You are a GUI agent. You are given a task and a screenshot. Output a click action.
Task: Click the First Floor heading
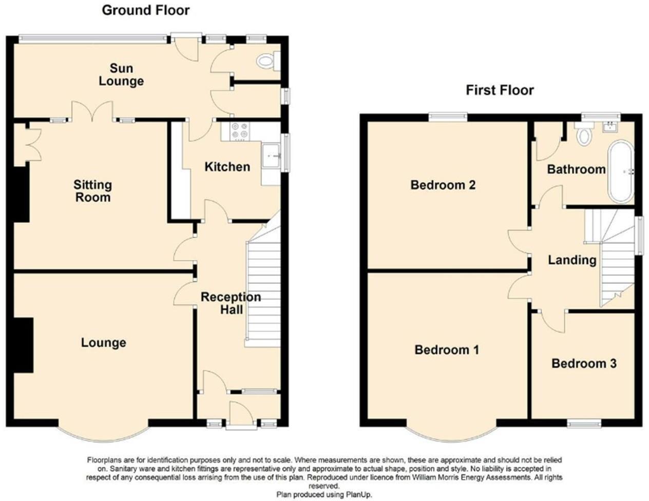[500, 90]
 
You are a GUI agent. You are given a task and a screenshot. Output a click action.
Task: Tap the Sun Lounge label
[121, 74]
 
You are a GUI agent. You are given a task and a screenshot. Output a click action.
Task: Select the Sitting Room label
[92, 191]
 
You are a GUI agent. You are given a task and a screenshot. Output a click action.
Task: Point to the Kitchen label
[227, 167]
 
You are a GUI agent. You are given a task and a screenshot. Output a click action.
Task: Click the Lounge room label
[103, 342]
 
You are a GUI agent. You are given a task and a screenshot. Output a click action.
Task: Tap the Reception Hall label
[231, 303]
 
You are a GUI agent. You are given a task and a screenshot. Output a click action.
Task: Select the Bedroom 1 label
[447, 350]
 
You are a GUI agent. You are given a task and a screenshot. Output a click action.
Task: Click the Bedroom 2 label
[443, 185]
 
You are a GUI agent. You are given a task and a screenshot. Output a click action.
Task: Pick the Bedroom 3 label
[584, 363]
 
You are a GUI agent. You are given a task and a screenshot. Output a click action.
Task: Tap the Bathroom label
[576, 169]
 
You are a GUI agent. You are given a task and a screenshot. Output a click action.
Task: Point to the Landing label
[572, 260]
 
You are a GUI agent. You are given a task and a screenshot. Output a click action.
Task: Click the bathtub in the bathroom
[621, 172]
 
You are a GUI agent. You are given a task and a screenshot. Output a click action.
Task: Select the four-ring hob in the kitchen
[239, 131]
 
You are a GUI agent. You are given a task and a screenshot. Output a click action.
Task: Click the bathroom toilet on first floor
[584, 134]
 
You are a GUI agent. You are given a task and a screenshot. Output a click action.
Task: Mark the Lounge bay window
[103, 434]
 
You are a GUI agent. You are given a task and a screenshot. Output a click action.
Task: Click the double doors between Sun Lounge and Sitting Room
[92, 111]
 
